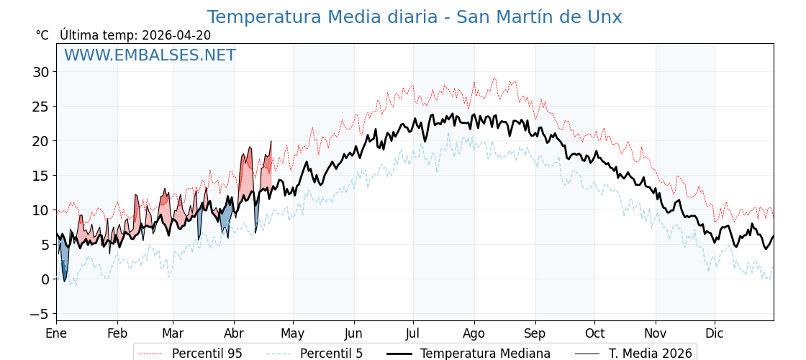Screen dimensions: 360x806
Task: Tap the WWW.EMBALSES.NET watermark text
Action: [150, 55]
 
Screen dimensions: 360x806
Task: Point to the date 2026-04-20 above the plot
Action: [176, 35]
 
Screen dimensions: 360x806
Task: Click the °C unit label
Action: [42, 35]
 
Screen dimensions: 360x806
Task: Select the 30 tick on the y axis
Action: [40, 72]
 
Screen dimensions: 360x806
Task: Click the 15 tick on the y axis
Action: [40, 176]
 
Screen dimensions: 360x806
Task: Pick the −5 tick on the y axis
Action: [39, 314]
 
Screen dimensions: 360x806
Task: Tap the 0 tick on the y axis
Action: [45, 279]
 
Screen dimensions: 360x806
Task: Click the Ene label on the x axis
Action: [56, 333]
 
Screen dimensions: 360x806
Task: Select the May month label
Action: [293, 333]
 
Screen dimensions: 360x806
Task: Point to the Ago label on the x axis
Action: [474, 333]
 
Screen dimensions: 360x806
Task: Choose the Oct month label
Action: [594, 333]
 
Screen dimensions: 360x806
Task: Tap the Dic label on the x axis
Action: [715, 333]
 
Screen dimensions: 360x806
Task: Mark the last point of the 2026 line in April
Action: [271, 142]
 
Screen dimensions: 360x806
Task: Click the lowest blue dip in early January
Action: [64, 281]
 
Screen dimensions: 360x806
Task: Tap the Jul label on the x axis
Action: [413, 333]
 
